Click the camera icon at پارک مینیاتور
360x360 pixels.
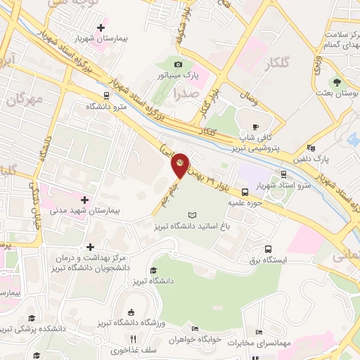coord(178,64)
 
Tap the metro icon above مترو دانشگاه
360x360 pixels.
coord(105,96)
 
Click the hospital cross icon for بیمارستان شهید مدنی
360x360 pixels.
coord(85,200)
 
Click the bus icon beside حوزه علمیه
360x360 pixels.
coord(245,191)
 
